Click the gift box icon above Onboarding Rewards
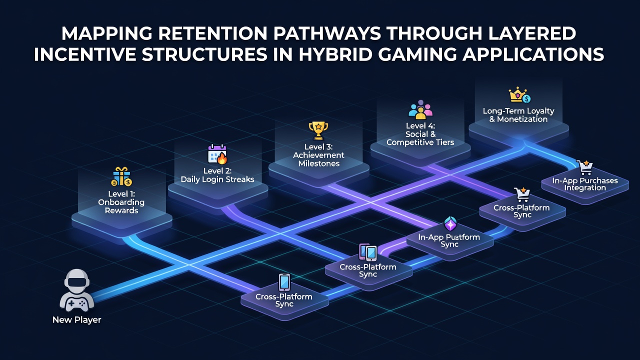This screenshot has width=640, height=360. pos(121,176)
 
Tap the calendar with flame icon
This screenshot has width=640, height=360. pos(217,154)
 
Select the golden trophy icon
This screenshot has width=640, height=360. pos(318,131)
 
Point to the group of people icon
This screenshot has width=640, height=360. pos(420,109)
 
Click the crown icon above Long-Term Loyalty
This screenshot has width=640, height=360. pos(519,95)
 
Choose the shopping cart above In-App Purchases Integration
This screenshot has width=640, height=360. pos(584,167)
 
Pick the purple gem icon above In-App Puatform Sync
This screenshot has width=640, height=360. pos(450,223)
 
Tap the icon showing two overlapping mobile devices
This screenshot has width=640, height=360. pos(368,252)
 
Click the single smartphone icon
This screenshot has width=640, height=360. pos(284,282)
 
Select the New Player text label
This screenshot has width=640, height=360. pos(77,319)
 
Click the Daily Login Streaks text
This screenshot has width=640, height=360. pos(217,179)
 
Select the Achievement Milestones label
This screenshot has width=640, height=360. pos(318,159)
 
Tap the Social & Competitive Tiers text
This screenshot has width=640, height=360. pos(420,138)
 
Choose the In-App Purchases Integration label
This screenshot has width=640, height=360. pos(585,184)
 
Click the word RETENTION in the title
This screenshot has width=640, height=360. pos(212,33)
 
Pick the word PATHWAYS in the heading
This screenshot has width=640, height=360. pos(327,33)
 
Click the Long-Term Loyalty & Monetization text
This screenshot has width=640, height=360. pos(518,115)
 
